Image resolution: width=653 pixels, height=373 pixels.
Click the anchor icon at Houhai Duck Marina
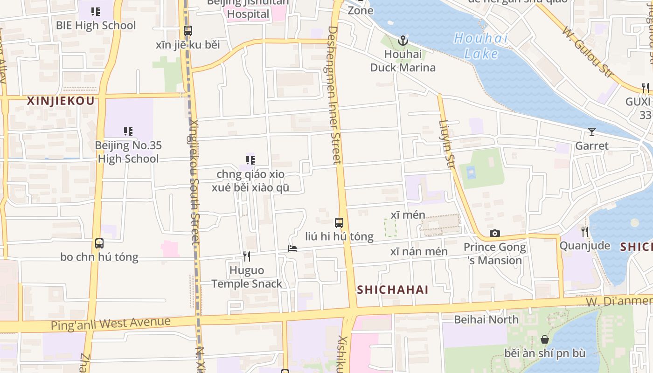point(403,41)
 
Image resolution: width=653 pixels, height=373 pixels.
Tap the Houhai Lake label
point(481,46)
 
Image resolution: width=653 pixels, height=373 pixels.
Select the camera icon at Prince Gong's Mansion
point(495,233)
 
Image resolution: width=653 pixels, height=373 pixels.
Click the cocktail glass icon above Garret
point(592,132)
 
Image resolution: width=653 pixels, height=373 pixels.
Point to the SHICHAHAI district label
point(393,290)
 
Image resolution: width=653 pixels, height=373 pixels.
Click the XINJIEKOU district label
point(61,101)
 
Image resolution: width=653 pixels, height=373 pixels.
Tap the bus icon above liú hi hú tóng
point(339,223)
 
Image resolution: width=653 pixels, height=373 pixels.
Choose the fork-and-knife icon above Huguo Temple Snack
point(247,256)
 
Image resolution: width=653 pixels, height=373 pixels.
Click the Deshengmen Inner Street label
point(334,95)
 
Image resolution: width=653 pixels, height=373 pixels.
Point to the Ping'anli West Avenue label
point(111,323)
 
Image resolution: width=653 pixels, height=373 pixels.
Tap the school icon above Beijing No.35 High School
point(128,131)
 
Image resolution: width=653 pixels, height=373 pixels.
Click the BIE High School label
point(96,25)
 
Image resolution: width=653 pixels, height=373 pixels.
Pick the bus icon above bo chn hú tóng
point(99,243)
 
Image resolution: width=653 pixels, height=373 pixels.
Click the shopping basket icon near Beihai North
point(544,339)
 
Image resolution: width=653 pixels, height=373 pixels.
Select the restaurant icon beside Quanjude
point(584,231)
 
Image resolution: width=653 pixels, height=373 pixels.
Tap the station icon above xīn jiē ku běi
point(188,31)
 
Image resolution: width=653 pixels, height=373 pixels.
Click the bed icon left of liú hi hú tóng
point(292,249)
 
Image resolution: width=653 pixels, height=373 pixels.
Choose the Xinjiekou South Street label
point(195,182)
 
